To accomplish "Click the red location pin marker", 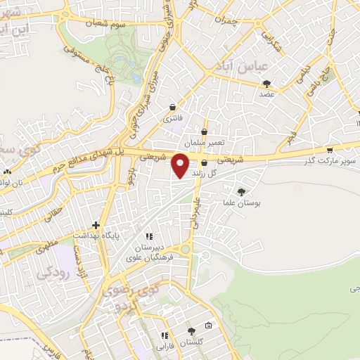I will tap(181, 165).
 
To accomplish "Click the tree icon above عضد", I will tap(266, 84).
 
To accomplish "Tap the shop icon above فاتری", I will tap(173, 108).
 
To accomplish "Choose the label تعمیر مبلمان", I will tap(205, 143).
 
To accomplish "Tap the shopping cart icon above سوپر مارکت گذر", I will tap(329, 150).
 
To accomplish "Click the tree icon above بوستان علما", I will tap(241, 191).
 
